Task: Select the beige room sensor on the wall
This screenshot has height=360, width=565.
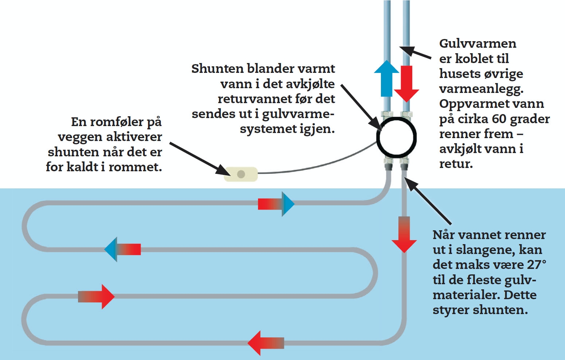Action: (241, 174)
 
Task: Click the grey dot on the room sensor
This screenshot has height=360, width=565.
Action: (241, 174)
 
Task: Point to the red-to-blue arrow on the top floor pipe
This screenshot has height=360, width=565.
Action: (276, 204)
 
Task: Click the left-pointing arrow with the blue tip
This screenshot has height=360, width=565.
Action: (122, 249)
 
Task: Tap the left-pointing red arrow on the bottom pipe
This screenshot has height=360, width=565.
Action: (265, 343)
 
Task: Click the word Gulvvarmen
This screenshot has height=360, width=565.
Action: (478, 44)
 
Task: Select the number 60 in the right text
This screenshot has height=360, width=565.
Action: (499, 119)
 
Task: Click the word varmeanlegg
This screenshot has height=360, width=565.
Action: (481, 89)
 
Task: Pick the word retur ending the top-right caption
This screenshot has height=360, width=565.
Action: (456, 164)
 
